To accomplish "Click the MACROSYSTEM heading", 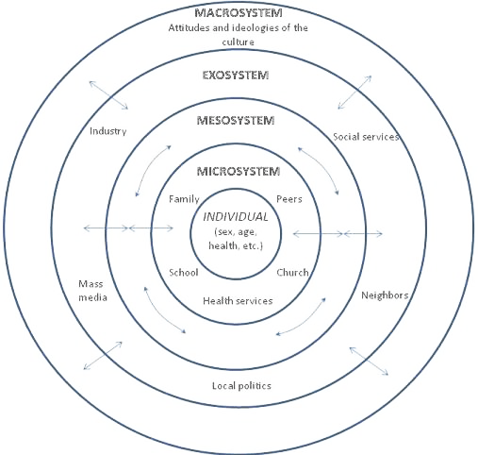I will click(x=238, y=13).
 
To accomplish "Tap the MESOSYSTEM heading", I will click(x=237, y=122).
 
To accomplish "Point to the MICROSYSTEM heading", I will click(x=238, y=171).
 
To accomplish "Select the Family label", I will click(x=184, y=200).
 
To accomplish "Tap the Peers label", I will click(x=288, y=200).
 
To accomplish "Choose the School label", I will click(x=183, y=273).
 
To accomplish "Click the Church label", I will click(x=292, y=273).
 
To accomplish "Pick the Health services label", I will click(x=238, y=301).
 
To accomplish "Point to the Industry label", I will click(x=108, y=130).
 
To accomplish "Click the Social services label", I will click(x=366, y=137).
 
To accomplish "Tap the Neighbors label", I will click(x=385, y=295).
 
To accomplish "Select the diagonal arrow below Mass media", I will click(x=102, y=354).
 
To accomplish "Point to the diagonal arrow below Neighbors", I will click(x=369, y=361).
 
